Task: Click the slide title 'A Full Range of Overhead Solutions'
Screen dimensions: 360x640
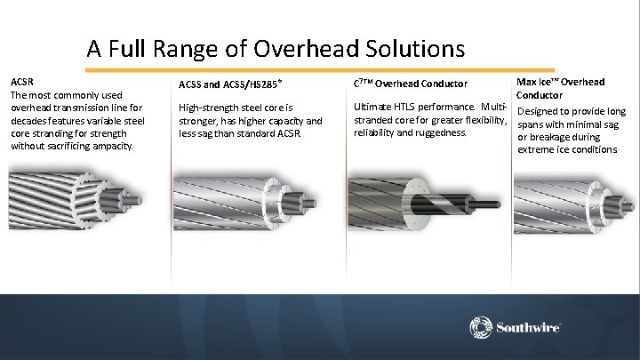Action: pyautogui.click(x=276, y=47)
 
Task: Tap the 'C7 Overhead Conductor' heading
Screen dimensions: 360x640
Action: pyautogui.click(x=410, y=84)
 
